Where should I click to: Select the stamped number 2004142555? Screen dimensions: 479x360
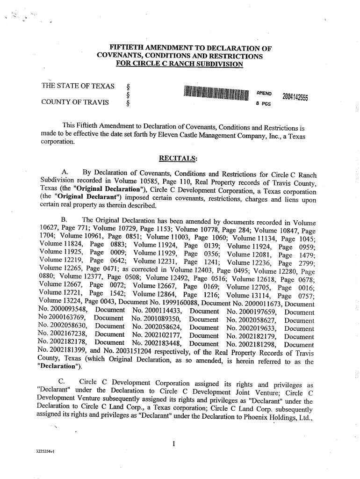295,97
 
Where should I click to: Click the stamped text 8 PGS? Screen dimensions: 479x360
263,104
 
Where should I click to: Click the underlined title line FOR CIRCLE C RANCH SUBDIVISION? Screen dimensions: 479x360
180,64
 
